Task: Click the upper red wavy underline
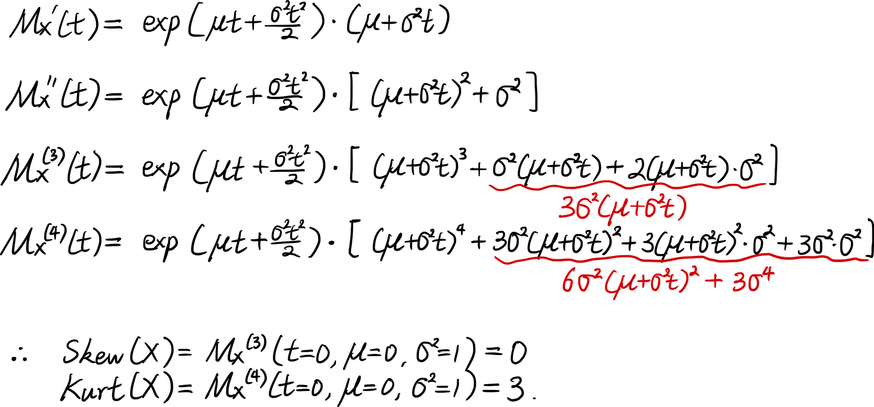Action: (x=625, y=186)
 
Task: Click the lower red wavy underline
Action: (x=677, y=260)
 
